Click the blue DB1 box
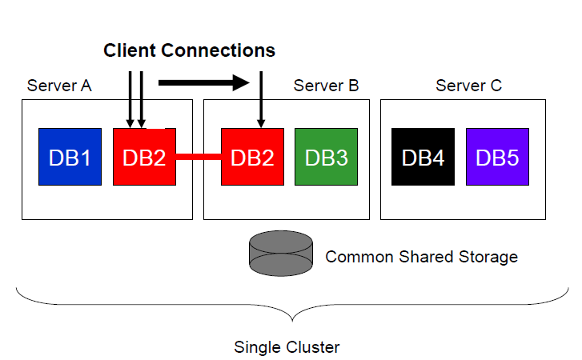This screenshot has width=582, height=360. tap(70, 157)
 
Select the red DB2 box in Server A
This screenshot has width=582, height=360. tap(144, 157)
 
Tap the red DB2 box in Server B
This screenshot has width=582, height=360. tap(252, 157)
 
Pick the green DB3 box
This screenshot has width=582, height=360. tap(326, 157)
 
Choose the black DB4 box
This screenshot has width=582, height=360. tap(423, 157)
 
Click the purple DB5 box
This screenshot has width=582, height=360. tap(497, 157)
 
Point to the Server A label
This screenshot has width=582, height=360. tap(59, 86)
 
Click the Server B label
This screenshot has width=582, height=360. tap(326, 86)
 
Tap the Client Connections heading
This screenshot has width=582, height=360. tap(189, 50)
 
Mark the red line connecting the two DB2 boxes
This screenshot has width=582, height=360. tap(198, 157)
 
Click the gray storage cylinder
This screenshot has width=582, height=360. tap(281, 252)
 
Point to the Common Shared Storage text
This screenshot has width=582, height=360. tap(421, 257)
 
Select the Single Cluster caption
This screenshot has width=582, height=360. tap(287, 347)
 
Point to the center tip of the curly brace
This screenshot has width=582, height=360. tap(295, 318)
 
